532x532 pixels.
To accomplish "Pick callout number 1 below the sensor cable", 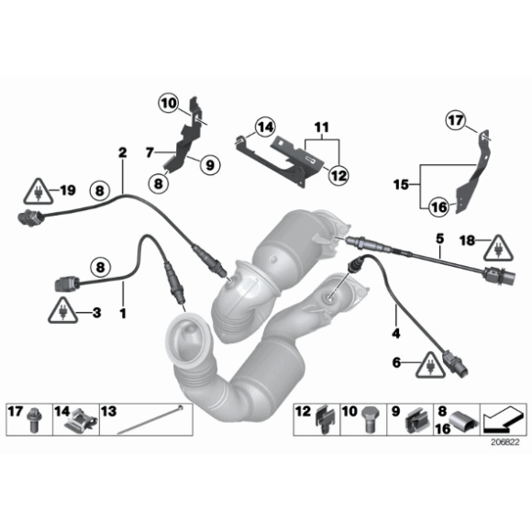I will [121, 314].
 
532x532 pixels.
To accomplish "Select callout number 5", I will [439, 238].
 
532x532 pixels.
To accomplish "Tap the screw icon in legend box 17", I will [34, 421].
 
